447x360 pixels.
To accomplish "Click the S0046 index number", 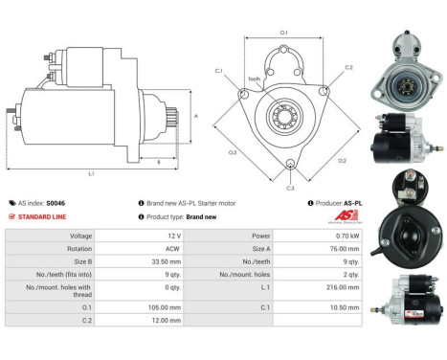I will coord(57,203).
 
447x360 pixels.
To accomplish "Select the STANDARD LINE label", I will coord(42,216).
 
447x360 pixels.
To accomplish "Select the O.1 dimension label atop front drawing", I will coord(283,34).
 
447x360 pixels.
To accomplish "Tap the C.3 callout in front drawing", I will coord(291,188).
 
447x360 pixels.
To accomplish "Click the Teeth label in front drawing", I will coord(254,79).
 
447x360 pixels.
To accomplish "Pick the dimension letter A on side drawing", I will coord(195,116).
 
